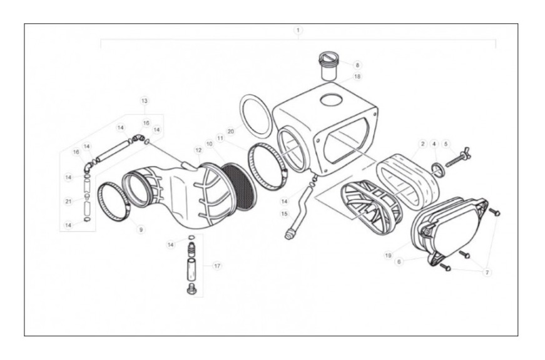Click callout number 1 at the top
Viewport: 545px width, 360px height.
pyautogui.click(x=298, y=30)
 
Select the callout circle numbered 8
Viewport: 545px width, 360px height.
pyautogui.click(x=357, y=65)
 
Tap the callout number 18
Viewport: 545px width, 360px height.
pyautogui.click(x=357, y=76)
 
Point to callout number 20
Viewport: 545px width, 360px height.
pyautogui.click(x=231, y=131)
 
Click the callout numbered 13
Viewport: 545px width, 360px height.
pyautogui.click(x=145, y=101)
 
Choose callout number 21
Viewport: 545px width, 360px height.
pyautogui.click(x=68, y=201)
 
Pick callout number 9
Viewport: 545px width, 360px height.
pyautogui.click(x=141, y=230)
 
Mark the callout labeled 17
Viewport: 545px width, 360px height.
pyautogui.click(x=217, y=266)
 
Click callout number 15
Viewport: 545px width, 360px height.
pyautogui.click(x=284, y=214)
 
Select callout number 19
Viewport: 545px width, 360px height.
pyautogui.click(x=388, y=255)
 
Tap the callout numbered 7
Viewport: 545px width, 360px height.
pyautogui.click(x=487, y=272)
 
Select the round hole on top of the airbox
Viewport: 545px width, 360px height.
pyautogui.click(x=332, y=100)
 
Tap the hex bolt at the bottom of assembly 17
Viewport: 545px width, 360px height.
pyautogui.click(x=190, y=289)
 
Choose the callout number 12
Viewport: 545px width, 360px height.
pyautogui.click(x=198, y=150)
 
